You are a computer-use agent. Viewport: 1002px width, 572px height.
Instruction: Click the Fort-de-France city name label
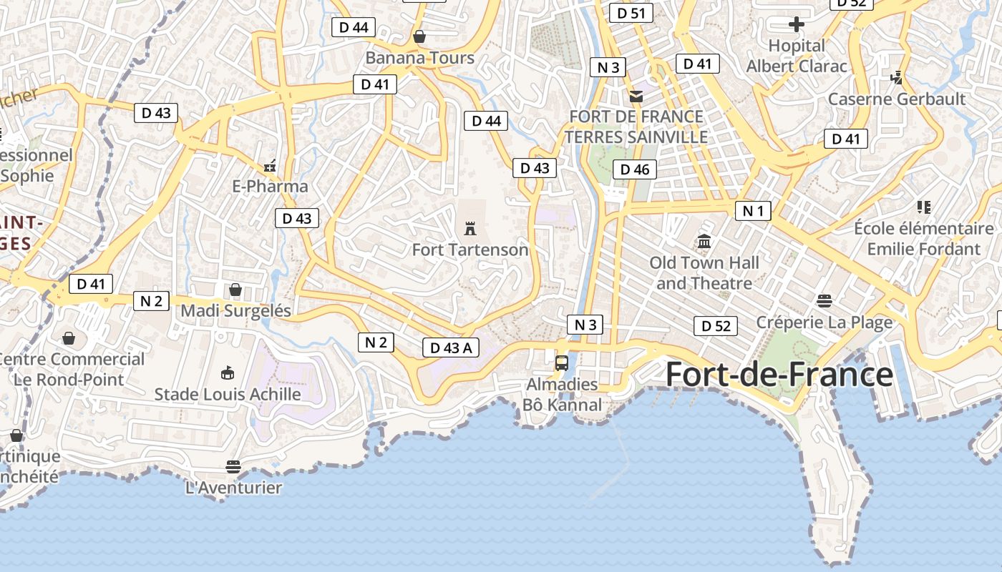pyautogui.click(x=779, y=375)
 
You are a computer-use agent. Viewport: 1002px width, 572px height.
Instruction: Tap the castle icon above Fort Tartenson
pyautogui.click(x=470, y=229)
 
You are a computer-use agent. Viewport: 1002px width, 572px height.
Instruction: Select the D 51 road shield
pyautogui.click(x=631, y=13)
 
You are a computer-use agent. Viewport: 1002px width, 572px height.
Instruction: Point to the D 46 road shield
pyautogui.click(x=634, y=169)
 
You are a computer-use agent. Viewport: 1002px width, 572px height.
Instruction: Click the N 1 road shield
pyautogui.click(x=753, y=210)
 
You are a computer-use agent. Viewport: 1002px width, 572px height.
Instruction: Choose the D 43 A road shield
pyautogui.click(x=450, y=347)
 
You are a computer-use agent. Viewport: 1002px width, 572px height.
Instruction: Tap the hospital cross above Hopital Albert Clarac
pyautogui.click(x=796, y=25)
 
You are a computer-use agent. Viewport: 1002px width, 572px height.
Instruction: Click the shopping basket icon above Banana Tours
pyautogui.click(x=419, y=36)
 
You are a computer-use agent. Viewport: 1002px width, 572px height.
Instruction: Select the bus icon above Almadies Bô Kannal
pyautogui.click(x=562, y=363)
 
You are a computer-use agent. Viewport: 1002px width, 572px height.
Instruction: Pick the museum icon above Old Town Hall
pyautogui.click(x=704, y=242)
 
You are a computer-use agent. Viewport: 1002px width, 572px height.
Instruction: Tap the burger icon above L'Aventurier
pyautogui.click(x=233, y=467)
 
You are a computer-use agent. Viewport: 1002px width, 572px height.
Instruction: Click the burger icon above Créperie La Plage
pyautogui.click(x=825, y=301)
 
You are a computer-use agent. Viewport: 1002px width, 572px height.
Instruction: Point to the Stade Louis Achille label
pyautogui.click(x=228, y=394)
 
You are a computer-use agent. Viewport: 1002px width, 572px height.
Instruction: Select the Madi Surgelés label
pyautogui.click(x=236, y=310)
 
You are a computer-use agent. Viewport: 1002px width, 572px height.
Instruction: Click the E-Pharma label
pyautogui.click(x=271, y=186)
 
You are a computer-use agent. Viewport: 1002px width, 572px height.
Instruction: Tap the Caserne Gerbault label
pyautogui.click(x=897, y=99)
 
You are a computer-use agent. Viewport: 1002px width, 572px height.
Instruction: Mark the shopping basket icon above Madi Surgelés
pyautogui.click(x=235, y=290)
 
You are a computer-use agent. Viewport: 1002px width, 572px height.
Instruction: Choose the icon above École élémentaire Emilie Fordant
pyautogui.click(x=923, y=207)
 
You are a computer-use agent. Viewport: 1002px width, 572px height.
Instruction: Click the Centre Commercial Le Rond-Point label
pyautogui.click(x=70, y=369)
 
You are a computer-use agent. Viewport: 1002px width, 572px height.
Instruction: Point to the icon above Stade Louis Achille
pyautogui.click(x=228, y=373)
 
